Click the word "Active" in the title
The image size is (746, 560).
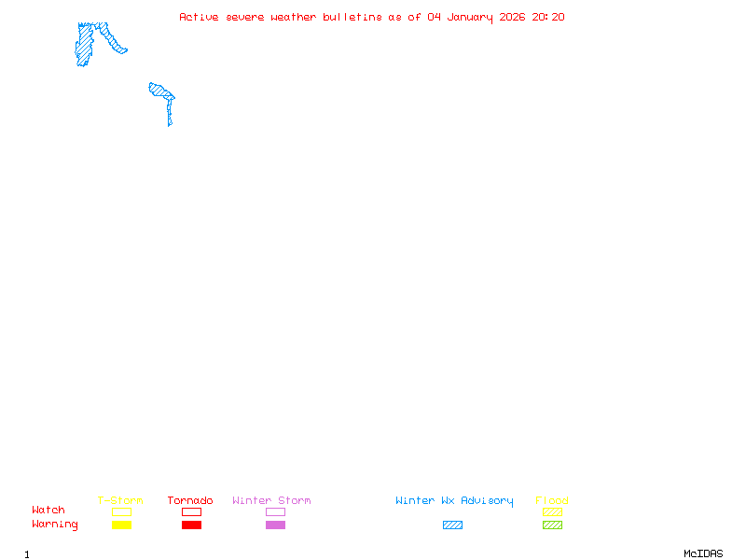pyautogui.click(x=199, y=17)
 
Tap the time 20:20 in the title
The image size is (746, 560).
pyautogui.click(x=548, y=17)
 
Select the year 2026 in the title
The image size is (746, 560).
pyautogui.click(x=513, y=17)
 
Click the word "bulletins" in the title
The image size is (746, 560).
pyautogui.click(x=352, y=17)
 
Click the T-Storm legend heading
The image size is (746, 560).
pyautogui.click(x=120, y=501)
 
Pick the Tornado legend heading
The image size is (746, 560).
pyautogui.click(x=190, y=501)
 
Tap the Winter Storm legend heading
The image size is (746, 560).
pyautogui.click(x=271, y=501)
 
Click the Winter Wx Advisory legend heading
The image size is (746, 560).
pyautogui.click(x=454, y=501)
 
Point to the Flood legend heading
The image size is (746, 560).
pyautogui.click(x=552, y=501)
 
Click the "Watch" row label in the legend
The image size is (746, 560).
pyautogui.click(x=48, y=511)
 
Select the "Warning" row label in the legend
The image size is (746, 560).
pyautogui.click(x=55, y=525)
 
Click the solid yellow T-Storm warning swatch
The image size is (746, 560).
pyautogui.click(x=121, y=525)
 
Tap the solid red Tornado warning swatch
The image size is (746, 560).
pyautogui.click(x=191, y=525)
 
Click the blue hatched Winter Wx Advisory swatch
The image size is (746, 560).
pyautogui.click(x=452, y=525)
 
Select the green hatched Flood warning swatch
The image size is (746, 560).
pyautogui.click(x=552, y=525)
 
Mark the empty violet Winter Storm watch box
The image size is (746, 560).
pyautogui.click(x=275, y=512)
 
